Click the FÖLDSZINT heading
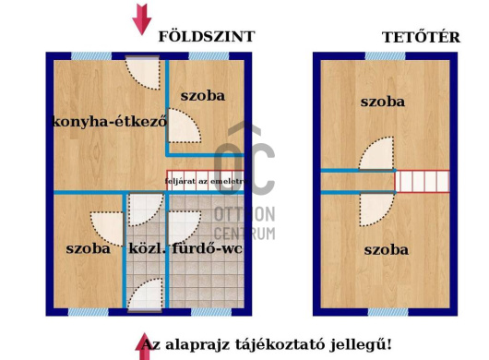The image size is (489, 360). [206, 37]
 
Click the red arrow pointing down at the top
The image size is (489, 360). [141, 19]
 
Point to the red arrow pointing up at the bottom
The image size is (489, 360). [144, 346]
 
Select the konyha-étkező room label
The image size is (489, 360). [109, 121]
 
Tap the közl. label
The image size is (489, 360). [146, 247]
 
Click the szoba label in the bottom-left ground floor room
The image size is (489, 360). [88, 247]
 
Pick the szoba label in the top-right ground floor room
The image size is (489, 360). [203, 95]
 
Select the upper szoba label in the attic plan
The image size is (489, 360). [383, 102]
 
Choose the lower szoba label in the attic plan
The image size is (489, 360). [387, 249]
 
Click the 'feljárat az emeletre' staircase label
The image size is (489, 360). [204, 182]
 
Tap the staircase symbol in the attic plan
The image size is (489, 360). [423, 181]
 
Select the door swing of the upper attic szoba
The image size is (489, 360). [377, 156]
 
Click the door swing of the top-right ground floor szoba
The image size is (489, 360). [184, 127]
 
